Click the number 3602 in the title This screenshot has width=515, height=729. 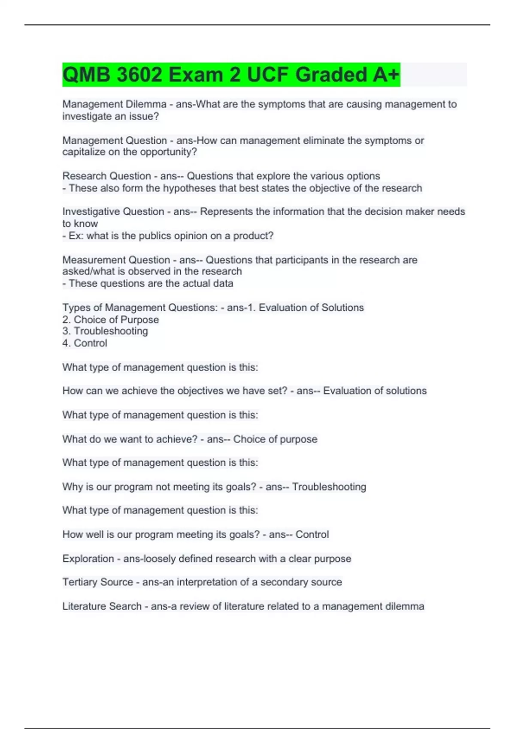(139, 75)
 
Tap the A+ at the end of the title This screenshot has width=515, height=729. (386, 75)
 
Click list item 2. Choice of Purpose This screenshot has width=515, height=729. (110, 319)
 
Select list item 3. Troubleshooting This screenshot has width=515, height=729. (105, 331)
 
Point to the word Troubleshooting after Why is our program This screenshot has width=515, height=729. (329, 487)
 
